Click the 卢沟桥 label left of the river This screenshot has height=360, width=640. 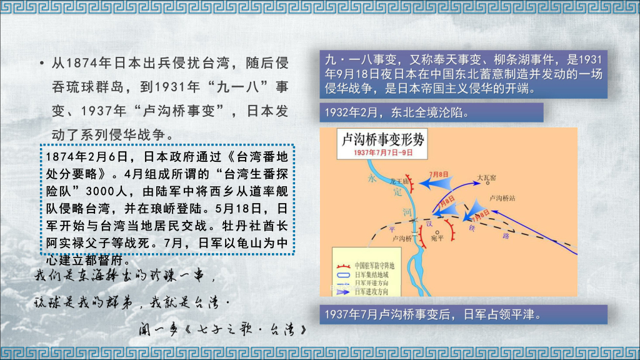tap(401, 238)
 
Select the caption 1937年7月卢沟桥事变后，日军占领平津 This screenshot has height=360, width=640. tap(431, 314)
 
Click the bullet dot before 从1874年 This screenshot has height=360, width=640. tap(41, 64)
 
